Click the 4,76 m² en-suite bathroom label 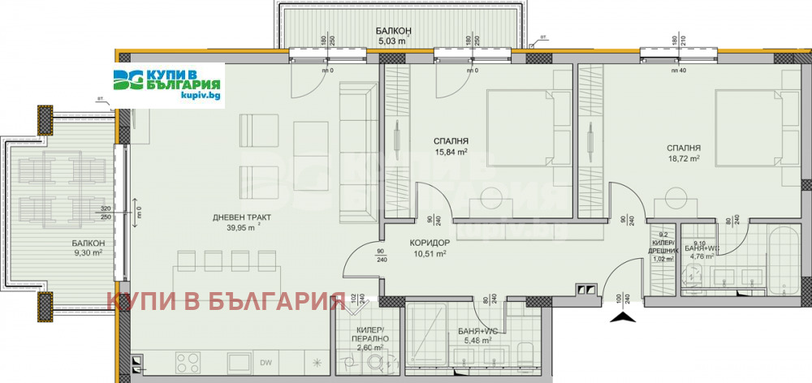(x=702, y=256)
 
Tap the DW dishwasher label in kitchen (x=266, y=363)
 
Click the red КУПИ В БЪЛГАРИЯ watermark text (x=227, y=303)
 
